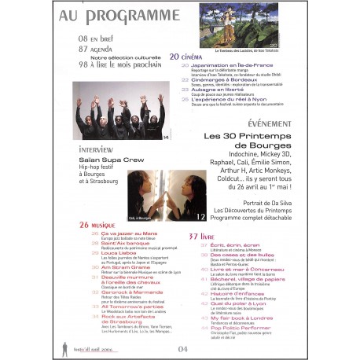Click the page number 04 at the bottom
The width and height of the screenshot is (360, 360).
(x=183, y=347)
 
